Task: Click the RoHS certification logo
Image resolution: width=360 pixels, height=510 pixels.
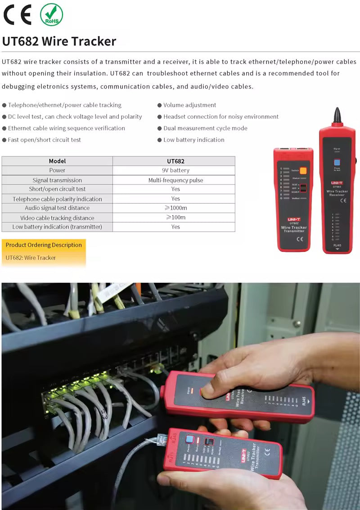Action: pyautogui.click(x=51, y=14)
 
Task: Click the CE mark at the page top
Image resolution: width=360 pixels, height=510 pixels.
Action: pyautogui.click(x=18, y=15)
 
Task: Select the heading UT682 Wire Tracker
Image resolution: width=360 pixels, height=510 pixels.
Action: pyautogui.click(x=59, y=41)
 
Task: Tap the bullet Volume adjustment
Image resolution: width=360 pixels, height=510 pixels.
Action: pyautogui.click(x=189, y=105)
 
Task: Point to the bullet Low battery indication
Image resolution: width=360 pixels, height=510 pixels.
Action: pyautogui.click(x=193, y=140)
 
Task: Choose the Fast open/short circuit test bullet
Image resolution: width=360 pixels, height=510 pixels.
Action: pyautogui.click(x=44, y=140)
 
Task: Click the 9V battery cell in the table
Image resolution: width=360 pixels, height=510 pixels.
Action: pyautogui.click(x=175, y=170)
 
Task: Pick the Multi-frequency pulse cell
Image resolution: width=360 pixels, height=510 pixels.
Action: pyautogui.click(x=175, y=180)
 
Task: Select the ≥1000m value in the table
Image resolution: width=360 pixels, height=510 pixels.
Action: pyautogui.click(x=175, y=208)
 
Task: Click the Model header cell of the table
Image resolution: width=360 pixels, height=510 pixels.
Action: pyautogui.click(x=57, y=161)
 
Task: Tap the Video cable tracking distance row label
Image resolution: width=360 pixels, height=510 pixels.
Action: pyautogui.click(x=57, y=218)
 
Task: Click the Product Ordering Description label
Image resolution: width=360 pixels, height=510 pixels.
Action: pyautogui.click(x=44, y=245)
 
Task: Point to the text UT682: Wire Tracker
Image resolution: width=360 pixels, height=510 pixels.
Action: pyautogui.click(x=31, y=258)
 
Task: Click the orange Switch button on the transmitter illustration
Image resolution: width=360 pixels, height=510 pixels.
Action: pyautogui.click(x=303, y=170)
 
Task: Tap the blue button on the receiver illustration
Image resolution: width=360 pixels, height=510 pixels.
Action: pyautogui.click(x=337, y=163)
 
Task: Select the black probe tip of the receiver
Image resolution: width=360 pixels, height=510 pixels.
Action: pyautogui.click(x=336, y=116)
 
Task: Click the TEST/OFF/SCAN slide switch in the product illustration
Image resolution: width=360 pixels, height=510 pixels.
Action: pyautogui.click(x=303, y=188)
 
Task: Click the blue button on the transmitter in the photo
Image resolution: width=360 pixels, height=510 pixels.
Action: pyautogui.click(x=189, y=439)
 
